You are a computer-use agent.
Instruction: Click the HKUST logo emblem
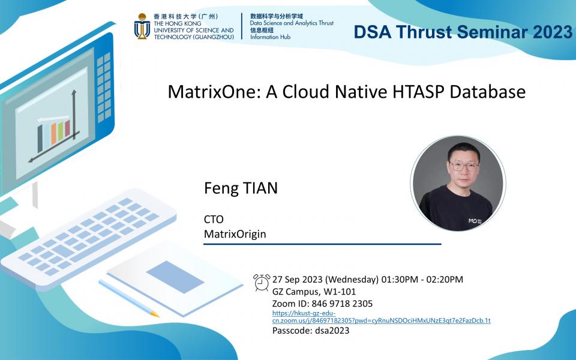pyautogui.click(x=142, y=26)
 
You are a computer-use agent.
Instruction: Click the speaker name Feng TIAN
pyautogui.click(x=241, y=188)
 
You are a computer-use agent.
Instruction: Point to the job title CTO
pyautogui.click(x=214, y=220)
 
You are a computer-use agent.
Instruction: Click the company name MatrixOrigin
pyautogui.click(x=235, y=233)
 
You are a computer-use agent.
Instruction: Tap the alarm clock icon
pyautogui.click(x=262, y=282)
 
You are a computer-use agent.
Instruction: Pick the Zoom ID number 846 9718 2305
pyautogui.click(x=343, y=303)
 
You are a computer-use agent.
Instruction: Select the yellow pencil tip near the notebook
pyautogui.click(x=155, y=314)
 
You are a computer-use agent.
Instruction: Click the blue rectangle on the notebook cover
pyautogui.click(x=175, y=277)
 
